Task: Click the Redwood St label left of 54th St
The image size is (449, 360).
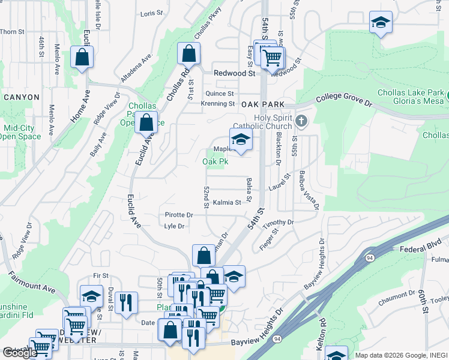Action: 235,73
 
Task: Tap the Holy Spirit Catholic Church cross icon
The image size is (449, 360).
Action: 301,122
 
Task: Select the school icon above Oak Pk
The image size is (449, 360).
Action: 240,140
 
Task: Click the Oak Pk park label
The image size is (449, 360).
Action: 215,162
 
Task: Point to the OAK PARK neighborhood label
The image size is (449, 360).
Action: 262,104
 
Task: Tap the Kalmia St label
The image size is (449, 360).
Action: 226,203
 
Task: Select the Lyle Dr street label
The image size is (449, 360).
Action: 173,226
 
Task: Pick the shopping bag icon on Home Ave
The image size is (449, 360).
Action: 82,58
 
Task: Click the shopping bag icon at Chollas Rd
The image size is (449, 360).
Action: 189,53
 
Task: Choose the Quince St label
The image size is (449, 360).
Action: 219,94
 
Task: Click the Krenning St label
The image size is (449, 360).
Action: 218,104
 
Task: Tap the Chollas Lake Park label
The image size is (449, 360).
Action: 411,93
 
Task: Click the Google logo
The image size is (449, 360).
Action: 20,353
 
